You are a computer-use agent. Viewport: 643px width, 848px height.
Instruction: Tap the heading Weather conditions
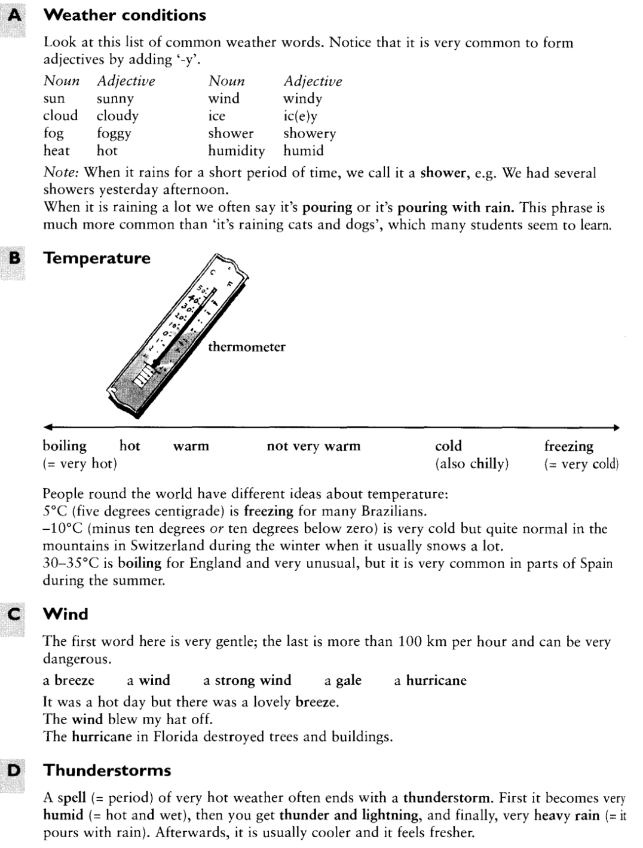coord(125,16)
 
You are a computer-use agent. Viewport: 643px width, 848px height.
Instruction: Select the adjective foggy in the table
coord(114,133)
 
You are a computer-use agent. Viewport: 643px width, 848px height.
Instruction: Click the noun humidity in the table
coord(236,151)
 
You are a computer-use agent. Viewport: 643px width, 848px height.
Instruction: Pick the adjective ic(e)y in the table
coord(301,116)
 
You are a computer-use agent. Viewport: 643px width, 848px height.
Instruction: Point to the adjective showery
coord(310,133)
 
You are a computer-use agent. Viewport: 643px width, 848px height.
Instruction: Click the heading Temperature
coord(97,258)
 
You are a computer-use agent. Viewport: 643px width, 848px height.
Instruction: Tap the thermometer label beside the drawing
coord(246,347)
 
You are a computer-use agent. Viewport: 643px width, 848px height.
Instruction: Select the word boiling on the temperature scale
coord(65,446)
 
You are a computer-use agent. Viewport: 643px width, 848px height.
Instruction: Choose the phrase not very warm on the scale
coord(314,446)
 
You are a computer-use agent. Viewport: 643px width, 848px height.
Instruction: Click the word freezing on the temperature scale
coord(569,446)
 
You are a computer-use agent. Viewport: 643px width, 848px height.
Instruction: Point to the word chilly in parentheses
coord(487,463)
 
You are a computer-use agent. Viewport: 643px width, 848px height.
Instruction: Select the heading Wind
coord(66,614)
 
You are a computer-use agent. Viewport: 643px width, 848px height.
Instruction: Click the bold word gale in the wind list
coord(348,681)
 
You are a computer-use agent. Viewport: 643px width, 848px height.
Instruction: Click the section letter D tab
coord(13,770)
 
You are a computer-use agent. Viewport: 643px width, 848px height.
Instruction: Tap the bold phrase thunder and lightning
coord(350,815)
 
